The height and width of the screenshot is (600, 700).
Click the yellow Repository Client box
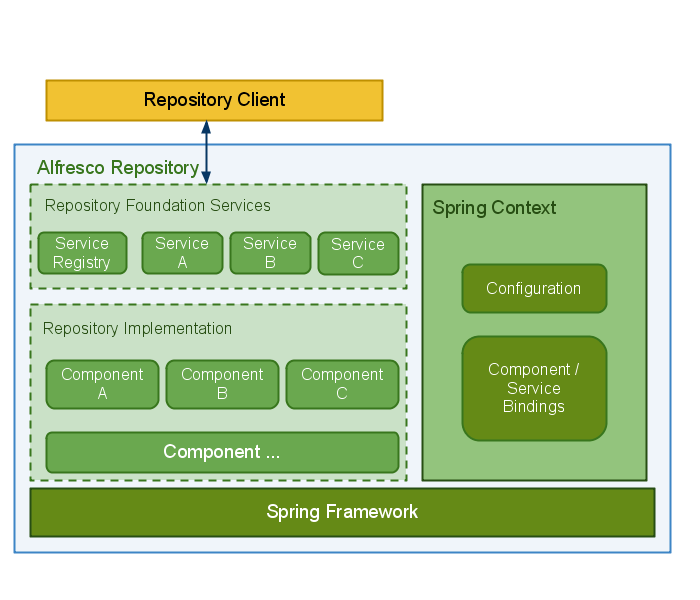click(x=214, y=100)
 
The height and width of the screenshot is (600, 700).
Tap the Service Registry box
click(x=82, y=253)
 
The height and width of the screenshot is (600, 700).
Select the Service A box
click(x=182, y=253)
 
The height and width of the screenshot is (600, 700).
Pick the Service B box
click(x=270, y=253)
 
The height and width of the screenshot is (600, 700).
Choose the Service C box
click(x=358, y=253)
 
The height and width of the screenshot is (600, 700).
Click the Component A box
click(x=102, y=384)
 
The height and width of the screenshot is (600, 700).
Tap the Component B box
click(x=222, y=384)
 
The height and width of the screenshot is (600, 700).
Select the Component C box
click(x=342, y=384)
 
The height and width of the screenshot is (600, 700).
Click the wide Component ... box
click(x=222, y=452)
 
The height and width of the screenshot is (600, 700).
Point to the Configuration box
click(x=534, y=288)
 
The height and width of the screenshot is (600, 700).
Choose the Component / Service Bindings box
click(x=534, y=388)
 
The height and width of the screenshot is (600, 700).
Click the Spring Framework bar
click(x=342, y=512)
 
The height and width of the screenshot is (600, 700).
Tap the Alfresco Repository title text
click(x=118, y=167)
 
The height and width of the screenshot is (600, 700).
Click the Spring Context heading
click(x=494, y=208)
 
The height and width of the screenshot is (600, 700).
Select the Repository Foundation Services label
click(x=158, y=206)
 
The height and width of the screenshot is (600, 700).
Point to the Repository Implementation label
click(x=137, y=329)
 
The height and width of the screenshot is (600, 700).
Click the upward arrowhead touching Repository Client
click(x=206, y=127)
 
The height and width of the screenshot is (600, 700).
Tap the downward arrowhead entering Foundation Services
click(x=206, y=178)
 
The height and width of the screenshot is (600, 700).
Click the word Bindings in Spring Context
click(x=534, y=407)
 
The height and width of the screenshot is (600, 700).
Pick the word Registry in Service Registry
click(x=82, y=263)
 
